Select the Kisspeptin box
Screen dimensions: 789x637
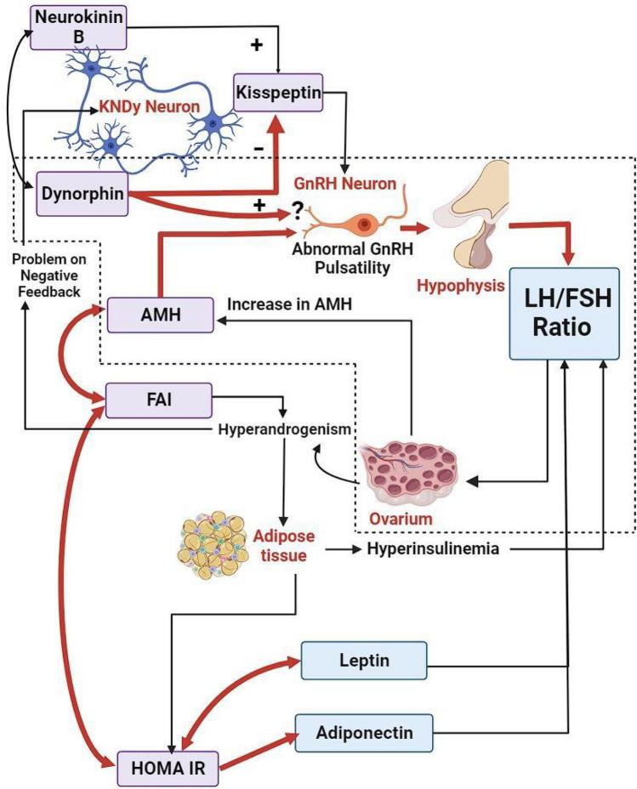point(279,94)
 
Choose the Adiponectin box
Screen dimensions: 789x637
point(365,729)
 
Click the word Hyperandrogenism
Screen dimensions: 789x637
point(284,429)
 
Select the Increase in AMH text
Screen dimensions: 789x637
point(290,304)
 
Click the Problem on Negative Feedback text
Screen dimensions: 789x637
point(48,274)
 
